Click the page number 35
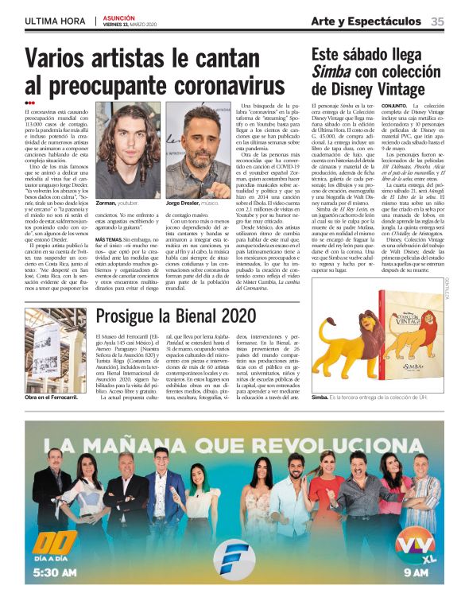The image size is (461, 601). tap(437, 21)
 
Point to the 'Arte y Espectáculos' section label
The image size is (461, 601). tap(366, 21)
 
